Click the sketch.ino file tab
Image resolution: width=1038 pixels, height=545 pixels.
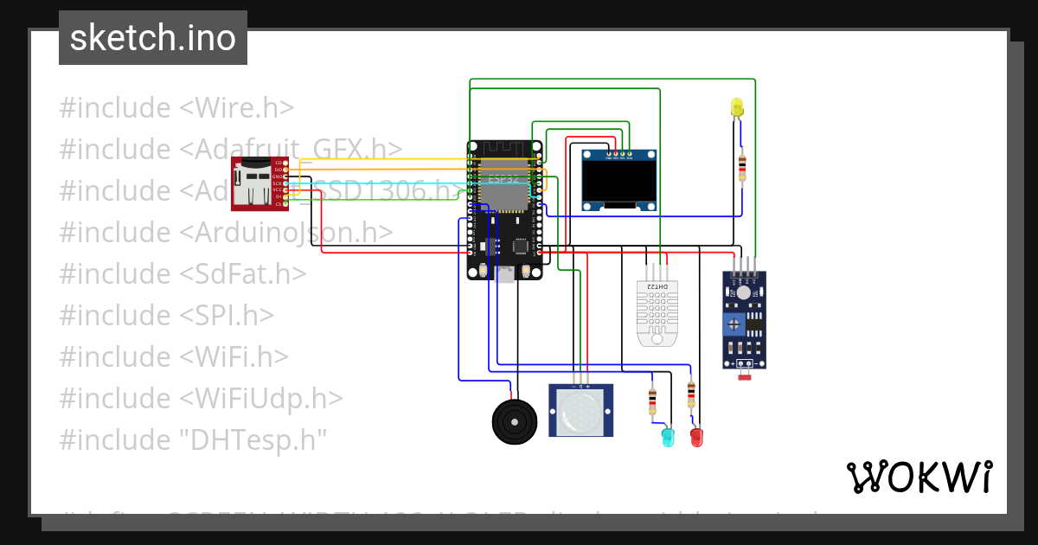153,38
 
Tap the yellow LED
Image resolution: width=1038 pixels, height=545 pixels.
737,106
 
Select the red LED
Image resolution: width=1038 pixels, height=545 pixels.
696,436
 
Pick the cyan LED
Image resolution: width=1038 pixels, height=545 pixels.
667,437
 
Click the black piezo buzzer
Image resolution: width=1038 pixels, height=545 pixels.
514,420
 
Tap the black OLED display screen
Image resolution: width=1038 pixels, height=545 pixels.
618,181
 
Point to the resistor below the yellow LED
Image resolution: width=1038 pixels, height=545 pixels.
741,166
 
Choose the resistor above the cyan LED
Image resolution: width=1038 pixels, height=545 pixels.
652,401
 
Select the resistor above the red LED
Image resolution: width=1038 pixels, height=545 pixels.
690,394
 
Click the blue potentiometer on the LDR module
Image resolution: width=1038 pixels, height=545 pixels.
734,324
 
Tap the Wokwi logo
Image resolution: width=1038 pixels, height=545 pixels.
919,477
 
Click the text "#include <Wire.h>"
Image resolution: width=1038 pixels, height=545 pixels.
176,108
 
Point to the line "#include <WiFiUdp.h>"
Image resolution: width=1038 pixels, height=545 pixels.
201,398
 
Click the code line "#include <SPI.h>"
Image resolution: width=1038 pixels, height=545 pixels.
166,315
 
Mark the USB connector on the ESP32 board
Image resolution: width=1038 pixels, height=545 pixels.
504,273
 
